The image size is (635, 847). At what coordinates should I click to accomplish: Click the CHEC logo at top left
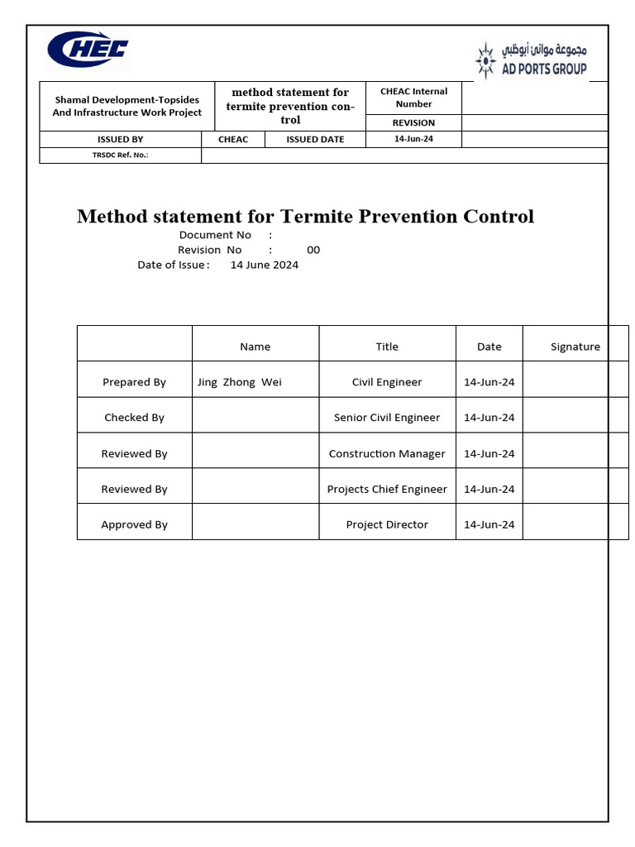pos(88,50)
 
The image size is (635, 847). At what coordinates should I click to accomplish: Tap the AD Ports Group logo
pos(531,60)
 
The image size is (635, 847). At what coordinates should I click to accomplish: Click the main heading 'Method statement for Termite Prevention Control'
pos(305,217)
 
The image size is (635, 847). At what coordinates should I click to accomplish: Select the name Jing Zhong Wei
pos(240,382)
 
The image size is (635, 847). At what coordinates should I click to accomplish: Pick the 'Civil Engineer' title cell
pos(387,382)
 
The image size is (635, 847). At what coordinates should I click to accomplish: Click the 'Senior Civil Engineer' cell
pos(387,418)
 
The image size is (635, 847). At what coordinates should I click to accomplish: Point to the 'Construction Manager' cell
pos(387,453)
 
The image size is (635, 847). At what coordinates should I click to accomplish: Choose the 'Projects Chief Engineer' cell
pos(387,489)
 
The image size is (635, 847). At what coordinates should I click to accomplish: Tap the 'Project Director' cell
pos(387,524)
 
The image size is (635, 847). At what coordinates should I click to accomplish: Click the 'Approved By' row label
pos(134,524)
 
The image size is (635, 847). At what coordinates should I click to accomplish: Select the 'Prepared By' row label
pos(134,382)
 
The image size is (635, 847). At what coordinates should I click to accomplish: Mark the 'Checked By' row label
pos(134,418)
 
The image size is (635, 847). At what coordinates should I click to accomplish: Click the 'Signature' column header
pos(575,347)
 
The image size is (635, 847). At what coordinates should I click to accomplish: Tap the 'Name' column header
pos(255,347)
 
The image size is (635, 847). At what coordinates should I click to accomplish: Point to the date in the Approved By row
pos(489,524)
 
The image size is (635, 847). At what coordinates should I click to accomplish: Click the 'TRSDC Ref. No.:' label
pos(121,155)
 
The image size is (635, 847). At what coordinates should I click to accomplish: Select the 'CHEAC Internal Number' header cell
pos(413,98)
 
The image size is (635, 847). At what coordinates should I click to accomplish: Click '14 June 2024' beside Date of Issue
pos(264,265)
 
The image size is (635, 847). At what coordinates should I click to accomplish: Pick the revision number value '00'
pos(313,250)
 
